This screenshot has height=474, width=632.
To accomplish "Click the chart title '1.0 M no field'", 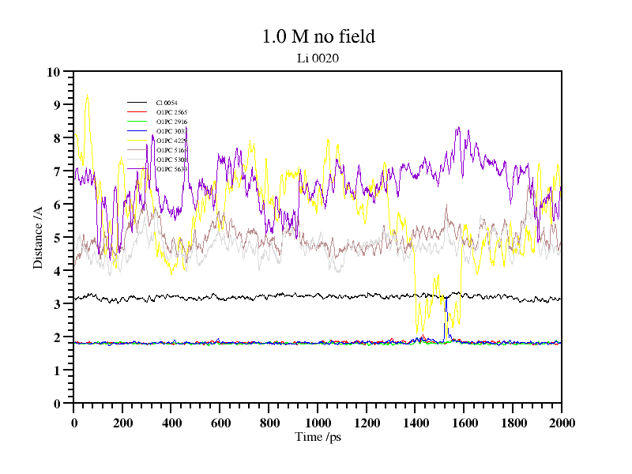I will click(318, 36).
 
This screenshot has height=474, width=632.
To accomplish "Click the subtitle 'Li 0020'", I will click(318, 58).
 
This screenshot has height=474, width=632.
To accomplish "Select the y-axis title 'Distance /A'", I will click(37, 237).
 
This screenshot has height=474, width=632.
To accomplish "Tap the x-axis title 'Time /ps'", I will click(318, 436).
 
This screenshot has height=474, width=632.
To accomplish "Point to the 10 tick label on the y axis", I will click(54, 72).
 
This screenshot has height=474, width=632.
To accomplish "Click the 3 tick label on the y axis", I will click(57, 304).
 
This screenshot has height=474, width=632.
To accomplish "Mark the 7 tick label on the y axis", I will click(57, 171).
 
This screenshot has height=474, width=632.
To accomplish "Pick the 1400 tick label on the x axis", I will click(415, 423).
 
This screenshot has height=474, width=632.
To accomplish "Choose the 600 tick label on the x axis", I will click(220, 423).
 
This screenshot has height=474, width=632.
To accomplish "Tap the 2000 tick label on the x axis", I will click(561, 423).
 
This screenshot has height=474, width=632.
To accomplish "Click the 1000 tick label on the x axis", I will click(318, 423).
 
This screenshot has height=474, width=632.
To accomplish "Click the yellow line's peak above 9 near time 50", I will click(87, 96).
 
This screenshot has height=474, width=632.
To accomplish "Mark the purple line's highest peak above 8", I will click(458, 128).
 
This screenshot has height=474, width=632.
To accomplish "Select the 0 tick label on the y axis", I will click(57, 404).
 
